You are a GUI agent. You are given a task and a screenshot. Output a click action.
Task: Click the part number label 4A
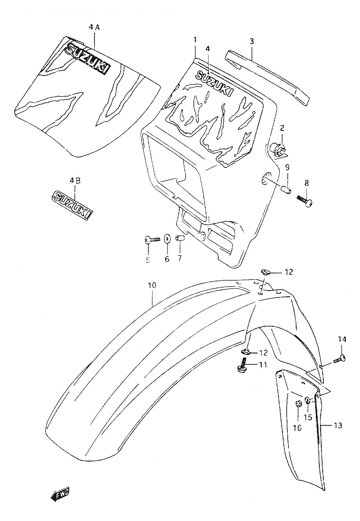point(94,28)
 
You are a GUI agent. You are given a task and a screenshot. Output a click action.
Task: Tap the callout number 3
point(252,41)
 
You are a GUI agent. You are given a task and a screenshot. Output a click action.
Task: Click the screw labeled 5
point(152,239)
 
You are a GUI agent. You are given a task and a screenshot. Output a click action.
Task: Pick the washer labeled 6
point(167,239)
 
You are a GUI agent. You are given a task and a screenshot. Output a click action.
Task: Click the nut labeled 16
point(297,404)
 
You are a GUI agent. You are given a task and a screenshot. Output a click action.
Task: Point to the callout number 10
point(152,286)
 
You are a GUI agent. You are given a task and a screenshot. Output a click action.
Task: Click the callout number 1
point(195,40)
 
